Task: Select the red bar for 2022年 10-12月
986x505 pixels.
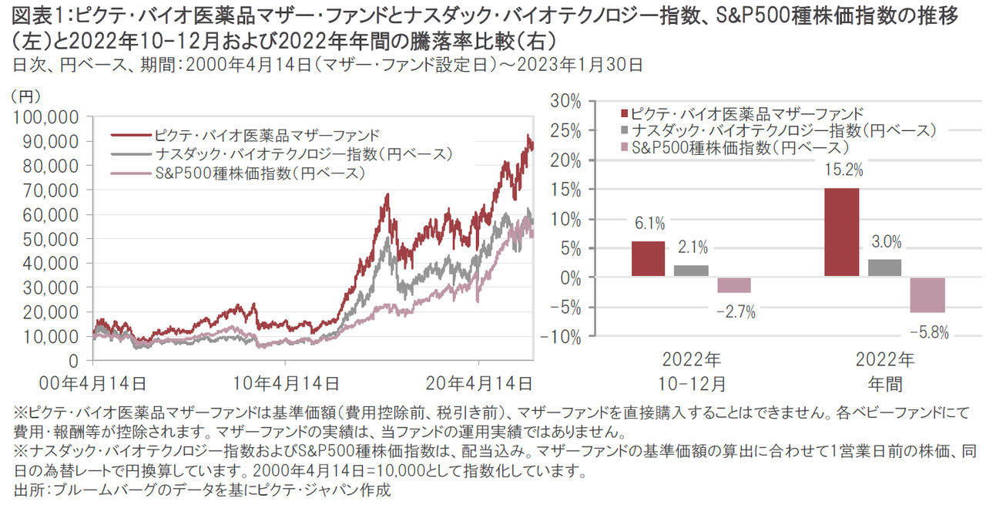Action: click(x=648, y=259)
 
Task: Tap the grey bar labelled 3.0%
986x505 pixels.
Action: click(x=884, y=268)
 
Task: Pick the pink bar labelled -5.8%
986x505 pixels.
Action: click(x=927, y=295)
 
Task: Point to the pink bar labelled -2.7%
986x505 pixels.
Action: click(x=733, y=284)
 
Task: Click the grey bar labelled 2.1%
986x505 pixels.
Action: click(x=691, y=271)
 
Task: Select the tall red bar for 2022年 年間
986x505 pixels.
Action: click(x=841, y=232)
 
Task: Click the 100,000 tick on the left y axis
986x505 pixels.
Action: click(x=47, y=117)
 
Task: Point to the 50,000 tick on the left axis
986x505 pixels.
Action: click(x=51, y=239)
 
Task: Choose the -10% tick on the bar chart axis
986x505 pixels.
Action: click(x=566, y=336)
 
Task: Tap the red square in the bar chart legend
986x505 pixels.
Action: click(x=623, y=113)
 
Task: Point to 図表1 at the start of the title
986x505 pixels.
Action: click(x=30, y=13)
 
